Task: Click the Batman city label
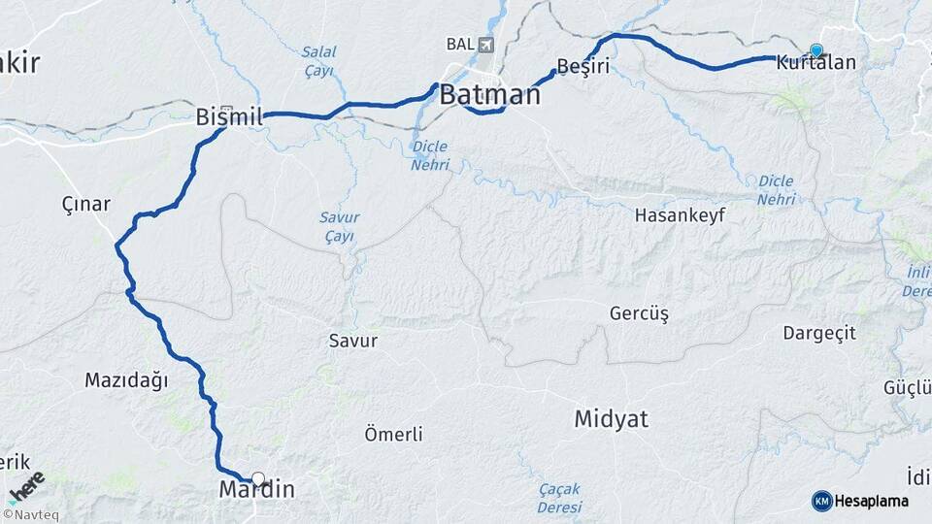pyautogui.click(x=489, y=95)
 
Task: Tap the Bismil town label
pyautogui.click(x=230, y=117)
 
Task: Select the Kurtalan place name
pyautogui.click(x=816, y=64)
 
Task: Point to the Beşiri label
pyautogui.click(x=582, y=67)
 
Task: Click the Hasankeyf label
pyautogui.click(x=680, y=214)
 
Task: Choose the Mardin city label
pyautogui.click(x=256, y=490)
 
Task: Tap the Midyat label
pyautogui.click(x=611, y=419)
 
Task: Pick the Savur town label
pyautogui.click(x=352, y=341)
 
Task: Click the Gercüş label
pyautogui.click(x=639, y=313)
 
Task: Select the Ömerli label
pyautogui.click(x=393, y=434)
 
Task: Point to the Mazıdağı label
pyautogui.click(x=126, y=380)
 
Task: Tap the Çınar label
pyautogui.click(x=85, y=205)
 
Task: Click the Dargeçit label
pyautogui.click(x=819, y=333)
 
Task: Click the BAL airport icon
pyautogui.click(x=485, y=45)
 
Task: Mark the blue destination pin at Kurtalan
pyautogui.click(x=816, y=49)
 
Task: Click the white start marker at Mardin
pyautogui.click(x=257, y=477)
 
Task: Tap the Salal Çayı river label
pyautogui.click(x=317, y=61)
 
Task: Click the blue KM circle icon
pyautogui.click(x=821, y=501)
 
